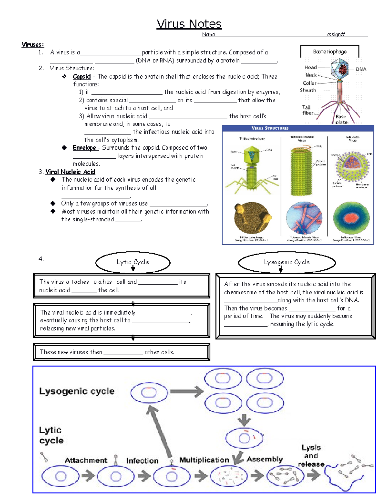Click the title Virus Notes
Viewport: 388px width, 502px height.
tap(189, 24)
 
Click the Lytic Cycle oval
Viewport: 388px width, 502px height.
tap(133, 262)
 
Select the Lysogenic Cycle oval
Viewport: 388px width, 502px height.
tap(287, 262)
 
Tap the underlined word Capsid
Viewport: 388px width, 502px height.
tap(81, 77)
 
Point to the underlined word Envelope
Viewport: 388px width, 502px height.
tap(84, 148)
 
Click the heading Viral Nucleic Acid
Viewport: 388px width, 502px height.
tap(70, 172)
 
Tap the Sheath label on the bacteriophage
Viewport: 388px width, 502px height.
tap(308, 90)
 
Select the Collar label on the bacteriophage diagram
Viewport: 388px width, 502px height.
tap(309, 83)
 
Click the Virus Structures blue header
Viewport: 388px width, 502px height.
tap(270, 128)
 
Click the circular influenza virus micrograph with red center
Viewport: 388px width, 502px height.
tap(351, 218)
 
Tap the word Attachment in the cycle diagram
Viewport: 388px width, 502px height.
tap(86, 460)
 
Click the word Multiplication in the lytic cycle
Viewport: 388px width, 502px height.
tap(204, 460)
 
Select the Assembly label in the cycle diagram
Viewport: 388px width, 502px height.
tap(264, 459)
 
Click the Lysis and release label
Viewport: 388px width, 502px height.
tap(311, 456)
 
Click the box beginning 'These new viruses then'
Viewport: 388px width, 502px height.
tap(122, 352)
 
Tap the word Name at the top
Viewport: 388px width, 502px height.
tap(209, 34)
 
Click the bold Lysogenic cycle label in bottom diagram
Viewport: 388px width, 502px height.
tap(77, 391)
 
